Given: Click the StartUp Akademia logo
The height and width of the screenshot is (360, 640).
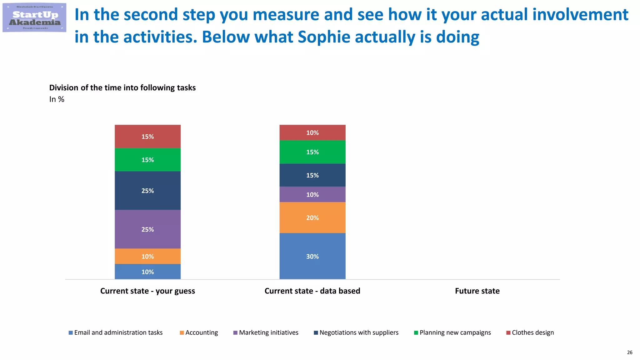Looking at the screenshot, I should coord(34,17).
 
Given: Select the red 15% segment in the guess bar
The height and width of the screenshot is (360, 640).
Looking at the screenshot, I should coord(147,137).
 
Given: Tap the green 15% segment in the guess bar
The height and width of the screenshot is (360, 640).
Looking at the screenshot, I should coord(147,160).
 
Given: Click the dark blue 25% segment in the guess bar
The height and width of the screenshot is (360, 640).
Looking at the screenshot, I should coord(147,191).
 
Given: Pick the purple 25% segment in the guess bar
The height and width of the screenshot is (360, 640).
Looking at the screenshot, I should coord(147,229).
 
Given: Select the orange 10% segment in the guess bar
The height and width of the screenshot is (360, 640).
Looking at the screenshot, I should coord(147,256).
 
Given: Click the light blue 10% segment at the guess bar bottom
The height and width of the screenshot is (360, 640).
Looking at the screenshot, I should coord(147,272).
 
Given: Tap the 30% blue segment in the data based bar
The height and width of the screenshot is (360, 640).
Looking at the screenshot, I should coord(312,256).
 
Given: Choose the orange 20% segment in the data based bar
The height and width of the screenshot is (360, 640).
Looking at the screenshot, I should coord(312,218).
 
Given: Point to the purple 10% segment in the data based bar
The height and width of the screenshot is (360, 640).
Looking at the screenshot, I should coord(312,195).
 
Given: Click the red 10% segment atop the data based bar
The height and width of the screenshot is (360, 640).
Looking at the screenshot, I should coord(312,133).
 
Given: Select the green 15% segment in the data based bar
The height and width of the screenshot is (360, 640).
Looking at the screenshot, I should coord(312,152).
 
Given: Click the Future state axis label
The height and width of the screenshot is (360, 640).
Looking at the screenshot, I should coord(477,291).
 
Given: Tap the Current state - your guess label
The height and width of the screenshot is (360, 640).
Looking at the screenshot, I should coord(147,291).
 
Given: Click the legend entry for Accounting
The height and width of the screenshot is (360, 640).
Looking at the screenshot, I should coord(199,332).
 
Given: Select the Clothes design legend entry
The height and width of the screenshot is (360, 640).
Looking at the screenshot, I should coord(530,332).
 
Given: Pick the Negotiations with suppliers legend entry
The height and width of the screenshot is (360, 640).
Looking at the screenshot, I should coord(356,332).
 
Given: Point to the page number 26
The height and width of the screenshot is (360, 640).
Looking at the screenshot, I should coord(629,352).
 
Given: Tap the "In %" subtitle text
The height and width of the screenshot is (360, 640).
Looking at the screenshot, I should coord(57,99).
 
